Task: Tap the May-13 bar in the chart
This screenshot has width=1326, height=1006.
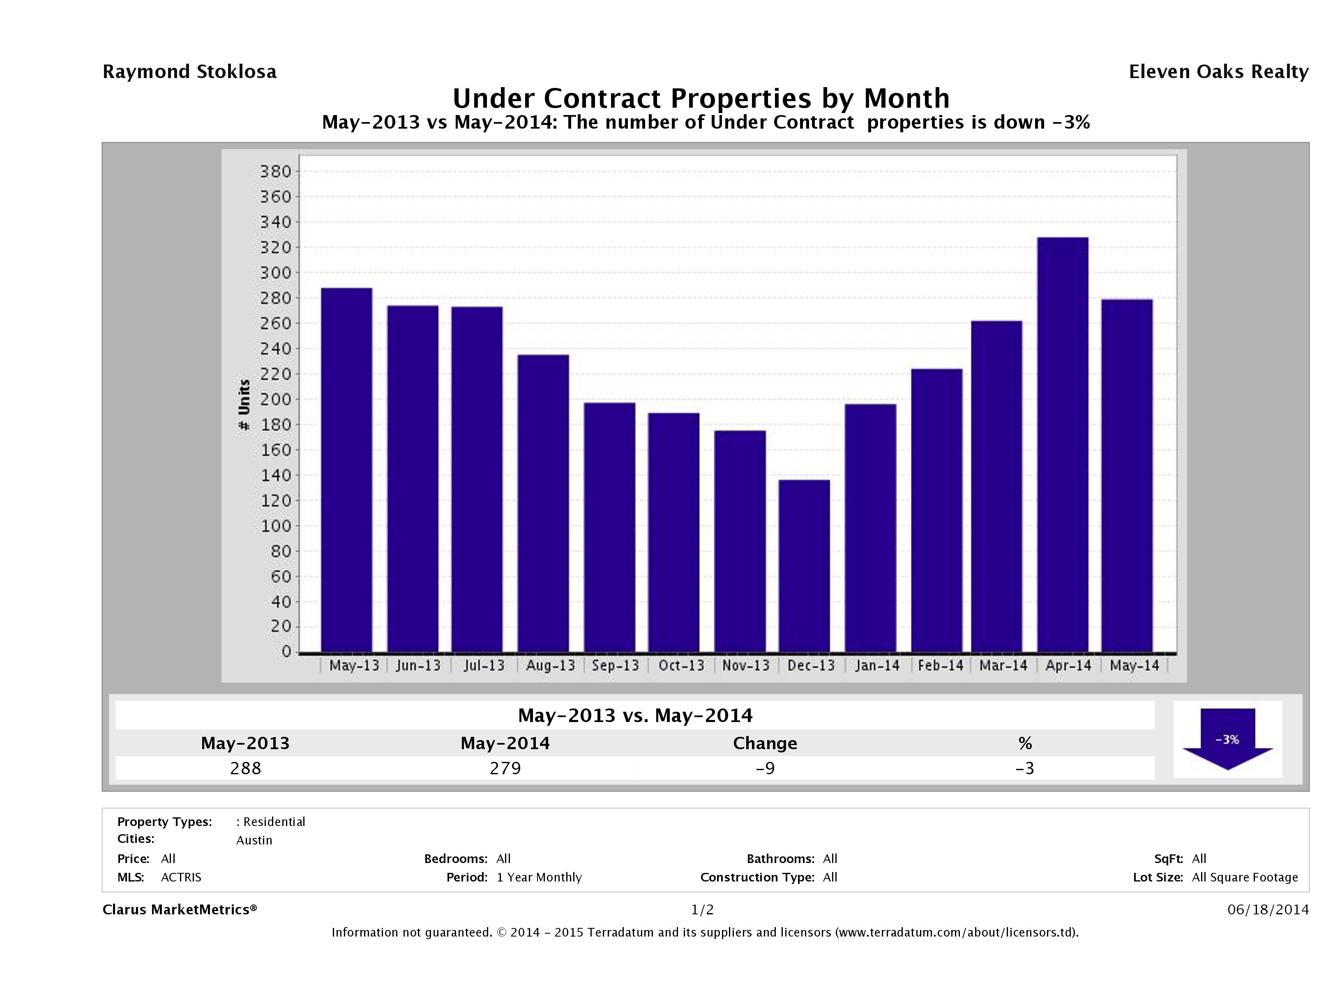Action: pos(346,470)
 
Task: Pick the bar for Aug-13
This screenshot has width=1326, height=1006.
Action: pos(543,503)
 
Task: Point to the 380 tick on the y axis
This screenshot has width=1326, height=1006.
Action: pos(275,171)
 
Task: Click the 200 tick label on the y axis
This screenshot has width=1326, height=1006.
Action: pos(275,399)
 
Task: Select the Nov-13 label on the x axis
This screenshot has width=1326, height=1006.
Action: pos(746,665)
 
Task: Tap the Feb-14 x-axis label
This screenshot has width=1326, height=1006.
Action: pos(940,665)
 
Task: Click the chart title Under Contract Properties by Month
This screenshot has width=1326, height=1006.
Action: pos(701,98)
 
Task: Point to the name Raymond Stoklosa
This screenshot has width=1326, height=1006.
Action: pos(189,72)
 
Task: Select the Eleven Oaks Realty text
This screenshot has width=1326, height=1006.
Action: pos(1218,72)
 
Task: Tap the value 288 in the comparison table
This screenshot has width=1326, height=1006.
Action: pos(246,768)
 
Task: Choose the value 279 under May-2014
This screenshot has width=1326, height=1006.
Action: pos(505,768)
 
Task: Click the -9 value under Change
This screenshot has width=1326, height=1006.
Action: pos(765,768)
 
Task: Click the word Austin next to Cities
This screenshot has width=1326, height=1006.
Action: pos(254,840)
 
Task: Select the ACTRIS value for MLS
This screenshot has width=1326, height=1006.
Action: pos(181,877)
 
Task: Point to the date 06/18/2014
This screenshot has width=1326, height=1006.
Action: pos(1268,909)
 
